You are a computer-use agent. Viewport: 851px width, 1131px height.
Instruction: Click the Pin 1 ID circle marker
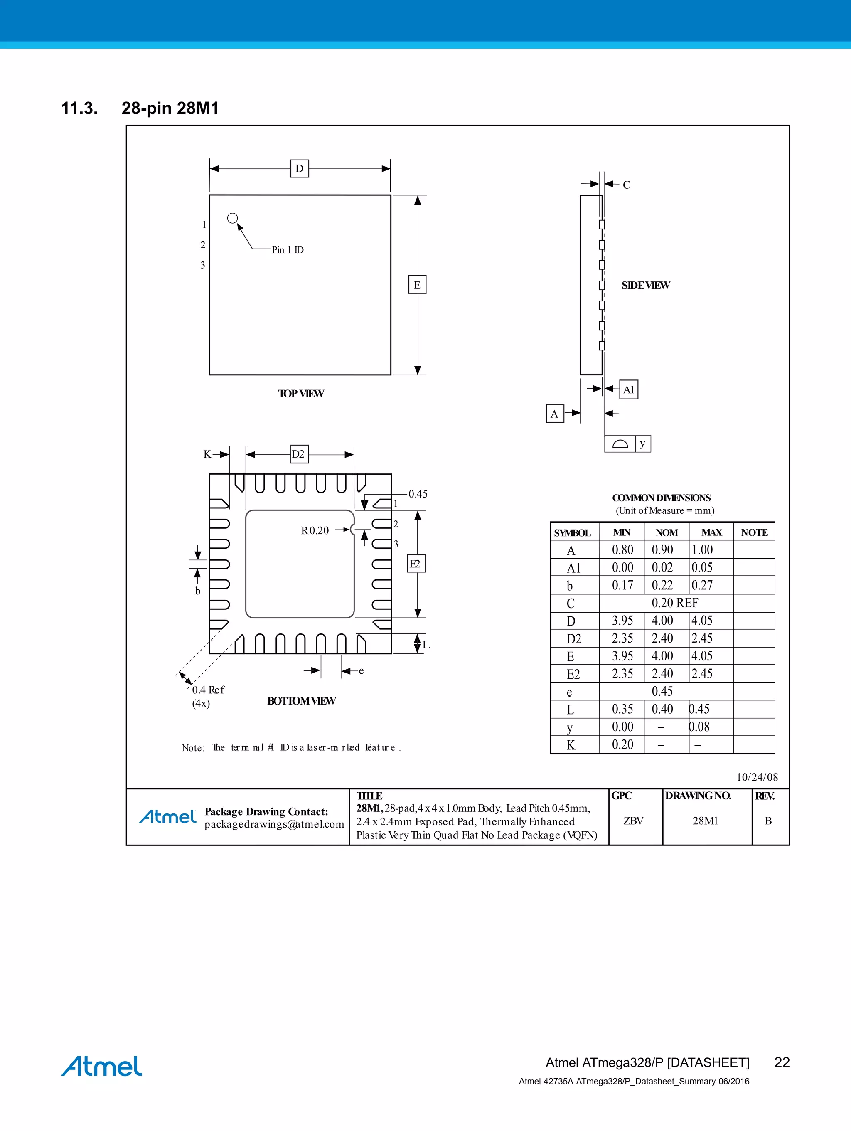233,218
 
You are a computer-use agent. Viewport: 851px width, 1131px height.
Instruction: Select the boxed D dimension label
300,168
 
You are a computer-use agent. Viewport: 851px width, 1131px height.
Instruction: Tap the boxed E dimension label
417,285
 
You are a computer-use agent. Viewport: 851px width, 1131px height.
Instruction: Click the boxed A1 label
628,389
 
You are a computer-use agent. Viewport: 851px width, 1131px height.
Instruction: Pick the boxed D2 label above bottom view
299,454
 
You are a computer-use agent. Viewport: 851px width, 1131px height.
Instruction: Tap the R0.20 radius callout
315,530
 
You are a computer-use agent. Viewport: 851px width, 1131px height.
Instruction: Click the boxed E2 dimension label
416,564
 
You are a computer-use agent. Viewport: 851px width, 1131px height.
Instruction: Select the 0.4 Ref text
208,690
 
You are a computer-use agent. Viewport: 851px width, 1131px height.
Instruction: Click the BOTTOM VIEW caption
302,701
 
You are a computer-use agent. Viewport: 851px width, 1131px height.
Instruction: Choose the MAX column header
711,532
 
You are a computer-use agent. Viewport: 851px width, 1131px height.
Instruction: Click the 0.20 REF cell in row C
675,603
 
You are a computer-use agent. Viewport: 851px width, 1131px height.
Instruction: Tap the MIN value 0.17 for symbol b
622,585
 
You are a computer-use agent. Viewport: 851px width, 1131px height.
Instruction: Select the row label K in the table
571,745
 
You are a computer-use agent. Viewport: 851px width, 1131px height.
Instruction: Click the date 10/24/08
757,777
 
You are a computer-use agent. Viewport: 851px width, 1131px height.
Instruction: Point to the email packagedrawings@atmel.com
274,824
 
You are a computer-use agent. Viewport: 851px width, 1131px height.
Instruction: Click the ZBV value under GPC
633,821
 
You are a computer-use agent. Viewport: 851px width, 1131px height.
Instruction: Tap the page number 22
782,1062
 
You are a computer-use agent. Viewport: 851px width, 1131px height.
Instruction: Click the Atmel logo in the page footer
102,1066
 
